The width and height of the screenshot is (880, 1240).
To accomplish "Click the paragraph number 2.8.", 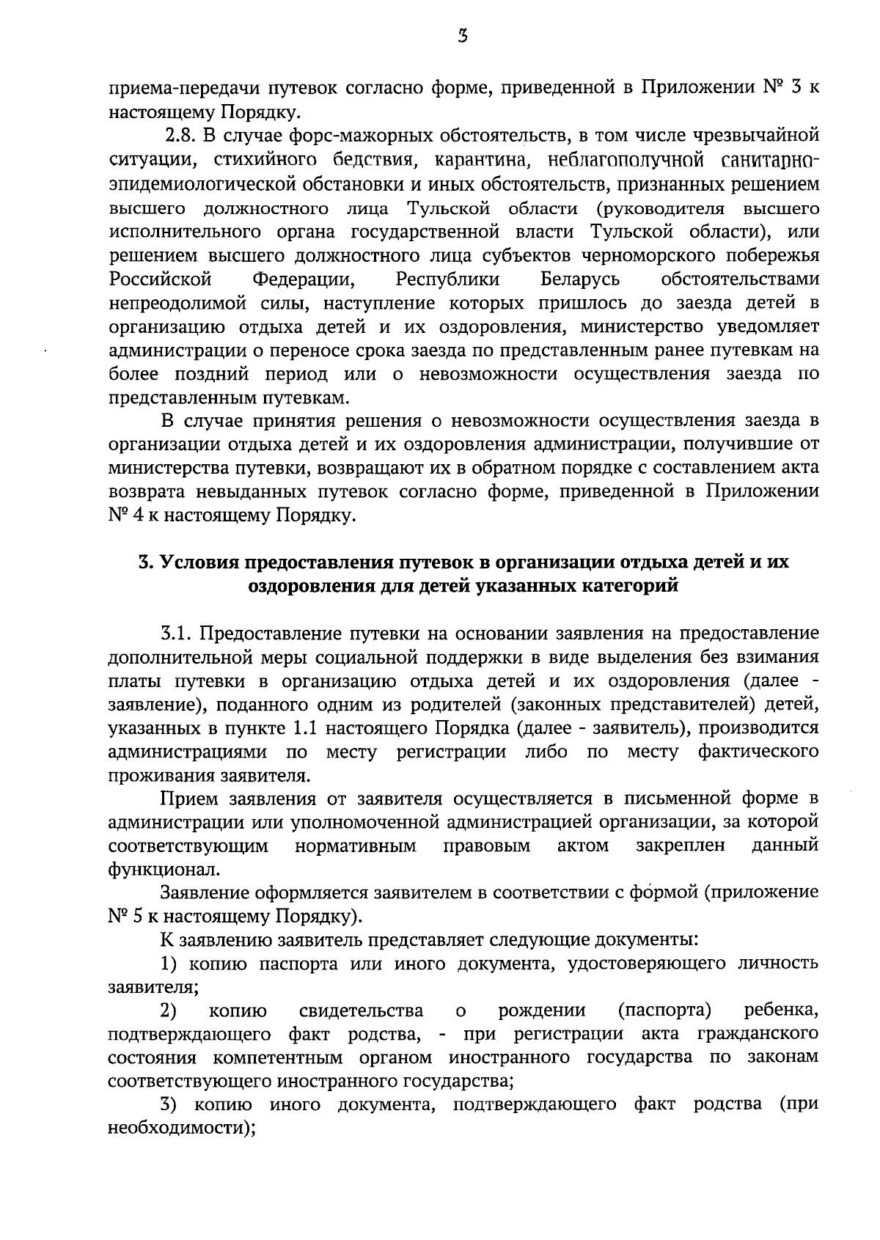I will (180, 136).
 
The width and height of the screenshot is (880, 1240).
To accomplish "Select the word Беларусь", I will (580, 279).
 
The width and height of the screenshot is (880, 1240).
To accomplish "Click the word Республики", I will (448, 279).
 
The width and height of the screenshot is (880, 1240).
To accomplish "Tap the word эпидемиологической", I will (210, 184).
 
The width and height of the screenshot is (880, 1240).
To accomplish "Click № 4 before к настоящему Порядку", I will (122, 516).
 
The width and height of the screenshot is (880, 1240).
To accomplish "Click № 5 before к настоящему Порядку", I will (122, 917).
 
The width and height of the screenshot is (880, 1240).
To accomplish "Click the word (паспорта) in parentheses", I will (665, 1011).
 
